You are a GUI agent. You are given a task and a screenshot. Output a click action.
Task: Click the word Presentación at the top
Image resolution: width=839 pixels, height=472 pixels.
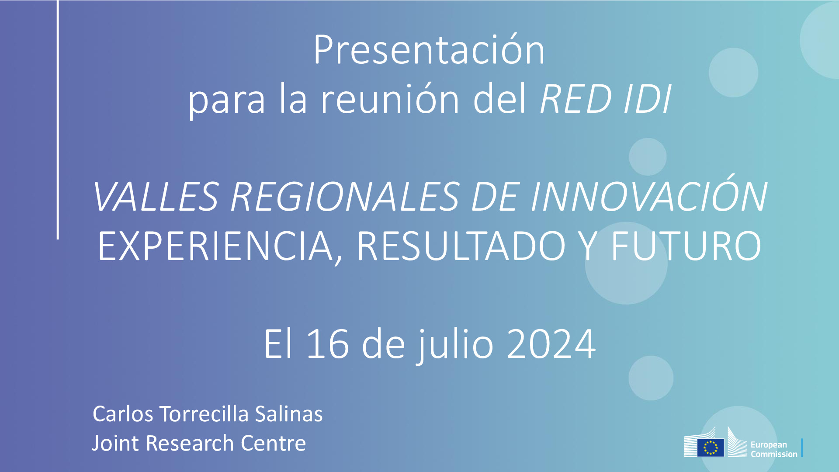429,51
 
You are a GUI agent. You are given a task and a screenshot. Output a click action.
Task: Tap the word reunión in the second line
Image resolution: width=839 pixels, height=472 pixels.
390,100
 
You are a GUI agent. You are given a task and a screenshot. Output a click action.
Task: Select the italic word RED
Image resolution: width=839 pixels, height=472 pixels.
576,100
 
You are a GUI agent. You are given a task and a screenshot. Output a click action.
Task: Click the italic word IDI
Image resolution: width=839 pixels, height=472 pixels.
648,100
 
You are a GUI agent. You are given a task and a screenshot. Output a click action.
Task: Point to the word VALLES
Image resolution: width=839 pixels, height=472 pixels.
155,198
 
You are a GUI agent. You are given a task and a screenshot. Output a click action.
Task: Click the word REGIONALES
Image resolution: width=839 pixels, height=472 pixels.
345,198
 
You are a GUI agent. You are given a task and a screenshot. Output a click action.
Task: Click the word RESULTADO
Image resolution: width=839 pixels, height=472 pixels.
461,247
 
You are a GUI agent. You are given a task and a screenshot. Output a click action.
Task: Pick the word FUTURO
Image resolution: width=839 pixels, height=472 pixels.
686,247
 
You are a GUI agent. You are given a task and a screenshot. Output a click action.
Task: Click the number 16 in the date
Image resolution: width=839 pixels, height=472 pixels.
328,344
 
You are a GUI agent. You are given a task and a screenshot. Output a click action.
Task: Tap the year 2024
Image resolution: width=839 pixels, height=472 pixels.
551,344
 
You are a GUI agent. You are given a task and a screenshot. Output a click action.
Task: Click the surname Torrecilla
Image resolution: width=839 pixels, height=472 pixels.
204,414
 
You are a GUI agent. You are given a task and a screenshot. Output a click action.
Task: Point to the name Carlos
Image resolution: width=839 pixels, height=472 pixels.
123,414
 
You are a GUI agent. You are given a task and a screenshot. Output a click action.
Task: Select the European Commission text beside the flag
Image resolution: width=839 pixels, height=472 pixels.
773,449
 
